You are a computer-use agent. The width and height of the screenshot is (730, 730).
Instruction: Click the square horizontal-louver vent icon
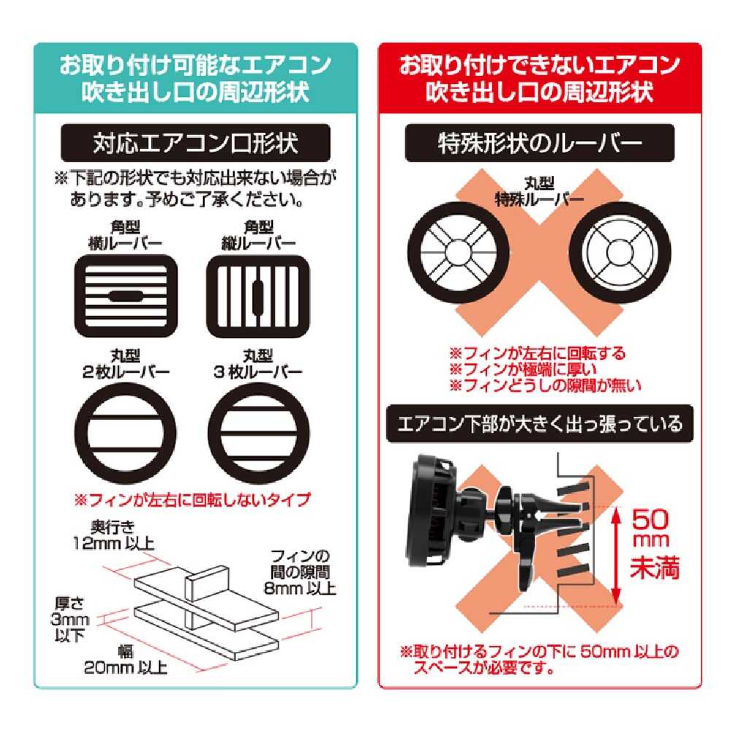[x=126, y=296]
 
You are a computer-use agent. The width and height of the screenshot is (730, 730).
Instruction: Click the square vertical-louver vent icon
[x=258, y=296]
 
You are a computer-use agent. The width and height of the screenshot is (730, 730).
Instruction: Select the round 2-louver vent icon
[x=126, y=433]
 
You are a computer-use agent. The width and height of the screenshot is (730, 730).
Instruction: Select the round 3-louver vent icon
[x=258, y=433]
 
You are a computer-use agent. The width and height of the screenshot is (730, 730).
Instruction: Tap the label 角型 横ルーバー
[x=126, y=235]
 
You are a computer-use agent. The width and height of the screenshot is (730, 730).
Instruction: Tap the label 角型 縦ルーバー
[x=258, y=235]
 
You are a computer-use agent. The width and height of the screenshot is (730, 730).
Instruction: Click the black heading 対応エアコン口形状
[x=196, y=143]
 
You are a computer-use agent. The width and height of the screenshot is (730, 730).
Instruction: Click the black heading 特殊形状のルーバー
[x=539, y=143]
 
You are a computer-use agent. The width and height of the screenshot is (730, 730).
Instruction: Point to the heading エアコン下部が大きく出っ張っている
[x=539, y=424]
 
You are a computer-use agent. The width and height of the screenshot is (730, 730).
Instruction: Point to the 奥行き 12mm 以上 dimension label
[x=114, y=535]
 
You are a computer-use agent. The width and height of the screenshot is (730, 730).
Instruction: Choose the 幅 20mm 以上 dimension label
[x=126, y=660]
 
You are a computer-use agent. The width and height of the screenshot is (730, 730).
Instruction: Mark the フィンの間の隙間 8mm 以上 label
[x=300, y=572]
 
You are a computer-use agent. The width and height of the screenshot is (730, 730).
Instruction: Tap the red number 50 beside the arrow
[x=650, y=520]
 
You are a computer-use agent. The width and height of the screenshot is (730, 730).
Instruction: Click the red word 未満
[x=655, y=567]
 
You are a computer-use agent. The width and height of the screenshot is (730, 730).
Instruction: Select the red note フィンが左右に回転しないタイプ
[x=192, y=499]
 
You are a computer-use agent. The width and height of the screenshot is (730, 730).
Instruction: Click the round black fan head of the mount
[x=431, y=510]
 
